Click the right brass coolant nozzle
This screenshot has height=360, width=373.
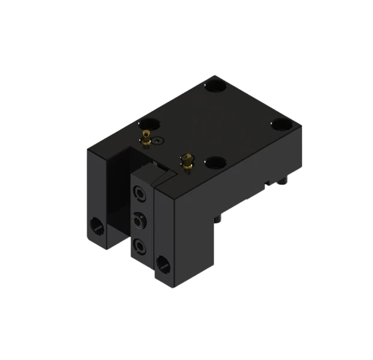point(186,161)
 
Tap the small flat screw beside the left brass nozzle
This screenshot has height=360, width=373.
point(158,141)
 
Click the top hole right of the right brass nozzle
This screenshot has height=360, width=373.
point(215,162)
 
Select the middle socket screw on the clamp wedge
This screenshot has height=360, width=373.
point(140,220)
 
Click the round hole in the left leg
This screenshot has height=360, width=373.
point(96,228)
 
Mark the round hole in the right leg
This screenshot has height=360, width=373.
point(162,263)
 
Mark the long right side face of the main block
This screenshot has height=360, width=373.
point(241,181)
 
